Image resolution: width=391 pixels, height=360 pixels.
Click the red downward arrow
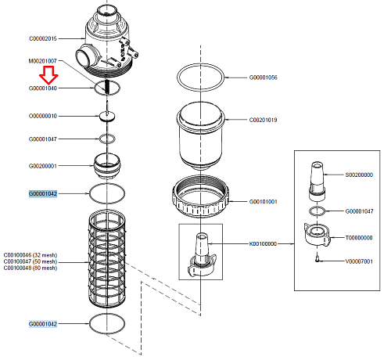coord(49,74)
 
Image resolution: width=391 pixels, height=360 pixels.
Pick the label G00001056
coord(263,78)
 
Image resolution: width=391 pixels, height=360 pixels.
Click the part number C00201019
coord(263,120)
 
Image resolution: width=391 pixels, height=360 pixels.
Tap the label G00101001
coord(263,202)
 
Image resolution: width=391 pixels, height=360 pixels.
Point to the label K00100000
coord(263,243)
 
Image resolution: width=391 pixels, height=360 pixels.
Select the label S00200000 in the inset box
coord(360,175)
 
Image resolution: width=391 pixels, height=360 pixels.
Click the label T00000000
coord(360,236)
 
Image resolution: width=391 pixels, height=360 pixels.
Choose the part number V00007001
coord(360,261)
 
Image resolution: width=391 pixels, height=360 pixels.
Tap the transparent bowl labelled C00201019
coord(200,137)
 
